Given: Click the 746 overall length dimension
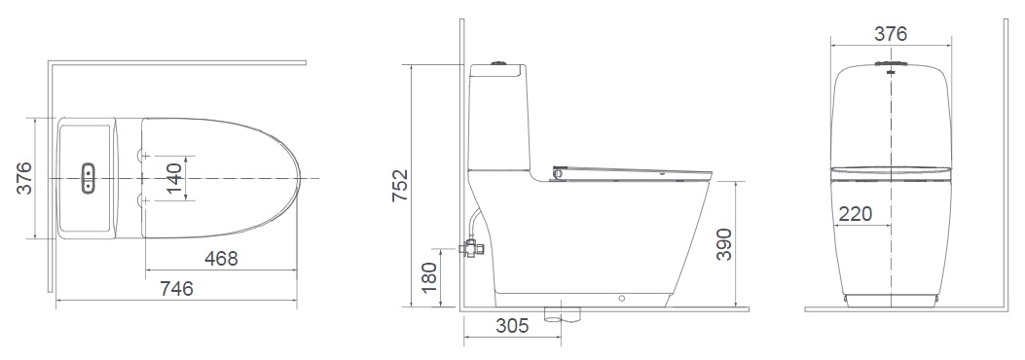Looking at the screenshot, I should point(176,289).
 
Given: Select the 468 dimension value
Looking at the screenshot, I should point(221,259).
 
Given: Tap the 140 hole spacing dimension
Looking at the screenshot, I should point(173,180).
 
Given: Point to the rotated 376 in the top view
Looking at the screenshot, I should point(25,179).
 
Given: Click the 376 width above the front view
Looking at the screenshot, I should point(889,34).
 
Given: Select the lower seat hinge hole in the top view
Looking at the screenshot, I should point(145,200).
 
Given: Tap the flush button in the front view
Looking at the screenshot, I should point(890,67).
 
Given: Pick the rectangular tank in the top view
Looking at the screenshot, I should point(88,179).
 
